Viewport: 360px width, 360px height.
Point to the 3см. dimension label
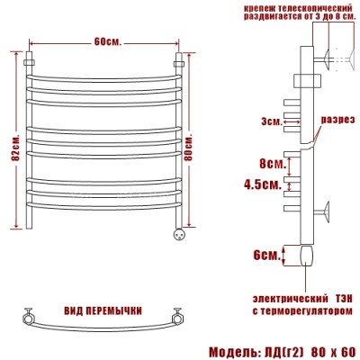click(x=272, y=121)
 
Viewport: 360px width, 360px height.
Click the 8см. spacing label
click(x=272, y=164)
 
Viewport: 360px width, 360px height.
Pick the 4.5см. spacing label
click(x=263, y=184)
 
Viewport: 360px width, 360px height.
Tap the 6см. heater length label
click(x=266, y=256)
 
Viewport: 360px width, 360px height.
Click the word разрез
click(x=337, y=121)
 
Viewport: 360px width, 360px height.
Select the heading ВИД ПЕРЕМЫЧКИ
click(x=103, y=311)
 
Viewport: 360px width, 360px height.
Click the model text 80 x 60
click(x=333, y=352)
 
